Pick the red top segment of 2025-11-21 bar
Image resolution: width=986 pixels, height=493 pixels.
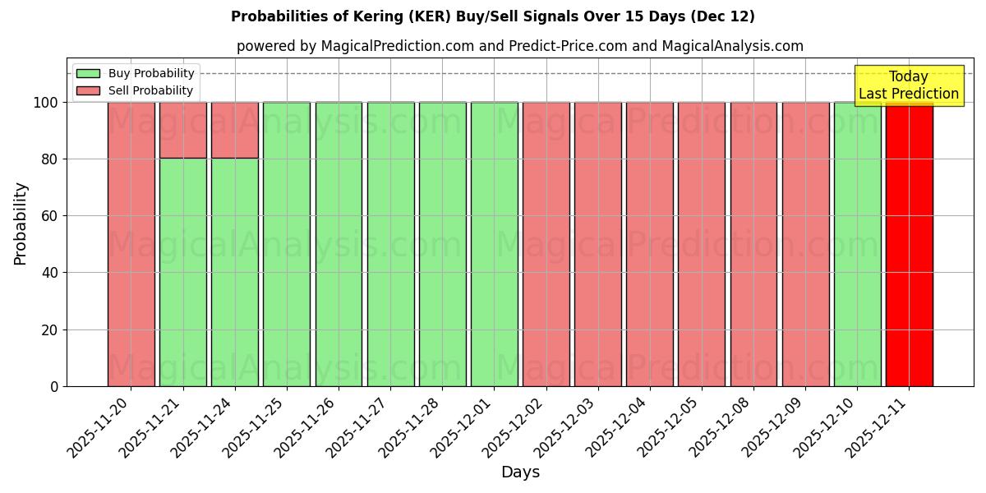(182, 130)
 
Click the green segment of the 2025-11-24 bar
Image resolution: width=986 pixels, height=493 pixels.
(235, 272)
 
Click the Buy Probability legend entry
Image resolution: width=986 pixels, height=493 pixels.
(135, 73)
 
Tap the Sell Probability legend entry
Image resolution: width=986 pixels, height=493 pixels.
(135, 90)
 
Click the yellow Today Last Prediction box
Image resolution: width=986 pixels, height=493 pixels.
(908, 85)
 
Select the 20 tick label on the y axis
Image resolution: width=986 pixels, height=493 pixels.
(49, 330)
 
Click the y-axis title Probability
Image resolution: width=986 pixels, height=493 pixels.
(21, 223)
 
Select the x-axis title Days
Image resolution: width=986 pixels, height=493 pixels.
(520, 472)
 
